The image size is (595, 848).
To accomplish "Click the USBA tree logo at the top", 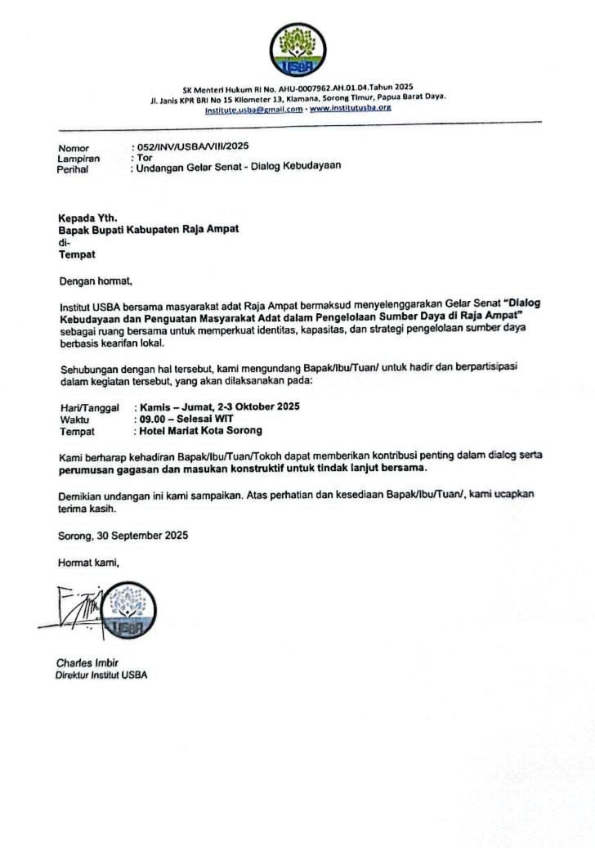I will [x=297, y=50].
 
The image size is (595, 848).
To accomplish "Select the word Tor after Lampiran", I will [x=145, y=156].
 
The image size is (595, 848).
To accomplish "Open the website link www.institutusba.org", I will [x=351, y=108].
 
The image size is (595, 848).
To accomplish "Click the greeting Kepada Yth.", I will [x=87, y=218].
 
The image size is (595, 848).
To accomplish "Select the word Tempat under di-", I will [x=77, y=254].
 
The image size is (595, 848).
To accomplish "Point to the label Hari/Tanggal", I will [x=90, y=407].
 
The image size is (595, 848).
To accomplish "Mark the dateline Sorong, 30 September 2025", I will [x=123, y=536].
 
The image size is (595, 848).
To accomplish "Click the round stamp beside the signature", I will [x=129, y=610].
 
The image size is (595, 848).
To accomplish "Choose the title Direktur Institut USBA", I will [x=101, y=675].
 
